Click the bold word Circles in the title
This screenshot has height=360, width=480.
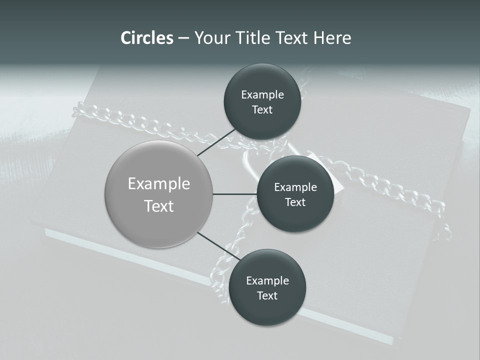pyautogui.click(x=147, y=38)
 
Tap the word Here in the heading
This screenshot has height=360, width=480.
pyautogui.click(x=332, y=38)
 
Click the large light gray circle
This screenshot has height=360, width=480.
pyautogui.click(x=159, y=194)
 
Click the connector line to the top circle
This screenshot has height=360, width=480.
pyautogui.click(x=217, y=142)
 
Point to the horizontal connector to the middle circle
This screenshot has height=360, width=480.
pyautogui.click(x=234, y=194)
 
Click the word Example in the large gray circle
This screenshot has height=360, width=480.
pyautogui.click(x=159, y=184)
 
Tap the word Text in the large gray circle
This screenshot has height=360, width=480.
pyautogui.click(x=159, y=206)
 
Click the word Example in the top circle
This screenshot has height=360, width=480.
pyautogui.click(x=262, y=95)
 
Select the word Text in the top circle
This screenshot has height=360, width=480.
pyautogui.click(x=262, y=110)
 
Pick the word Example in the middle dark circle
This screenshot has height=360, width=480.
pyautogui.click(x=295, y=187)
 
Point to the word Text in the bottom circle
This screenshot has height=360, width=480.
pyautogui.click(x=267, y=295)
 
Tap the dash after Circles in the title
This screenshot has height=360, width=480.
pyautogui.click(x=183, y=38)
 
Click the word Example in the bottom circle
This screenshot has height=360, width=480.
pyautogui.click(x=267, y=280)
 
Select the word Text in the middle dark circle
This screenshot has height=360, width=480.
pyautogui.click(x=295, y=202)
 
